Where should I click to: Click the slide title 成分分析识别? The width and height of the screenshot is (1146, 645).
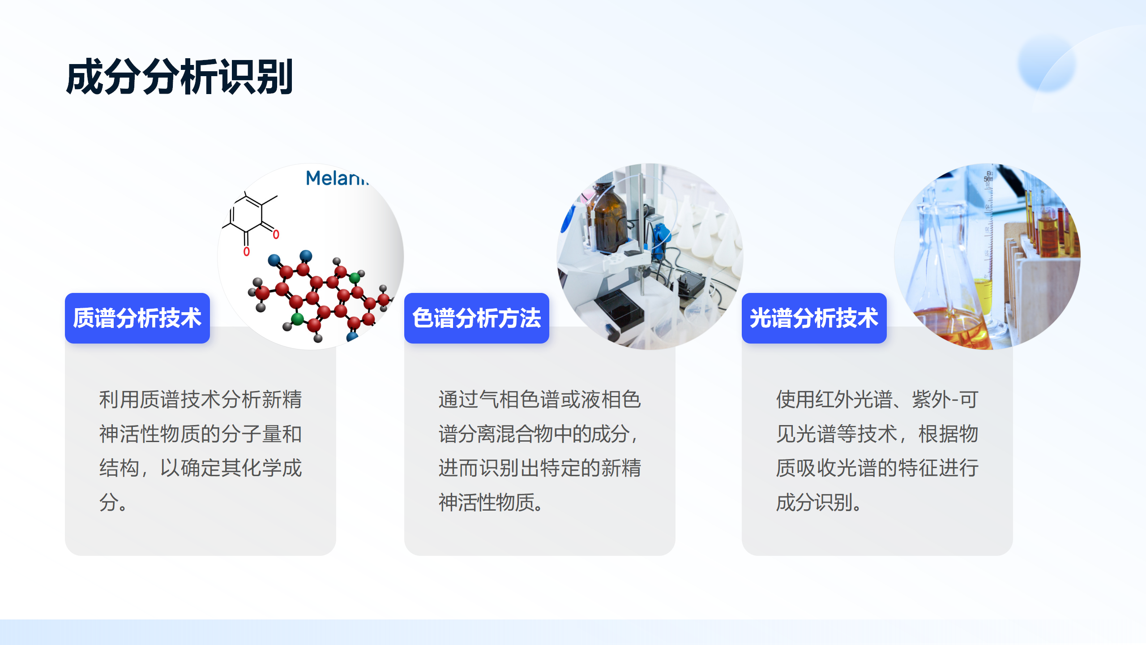point(179,77)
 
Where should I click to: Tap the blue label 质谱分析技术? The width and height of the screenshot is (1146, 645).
point(137,318)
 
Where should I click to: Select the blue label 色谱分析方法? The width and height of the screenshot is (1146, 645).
point(477,318)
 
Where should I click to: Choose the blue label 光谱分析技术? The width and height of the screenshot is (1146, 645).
point(814,318)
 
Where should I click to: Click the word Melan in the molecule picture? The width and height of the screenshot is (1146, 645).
point(337,178)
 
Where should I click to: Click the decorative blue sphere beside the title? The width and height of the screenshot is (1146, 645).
point(1047,64)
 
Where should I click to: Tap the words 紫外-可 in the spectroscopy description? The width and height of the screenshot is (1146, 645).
point(945,400)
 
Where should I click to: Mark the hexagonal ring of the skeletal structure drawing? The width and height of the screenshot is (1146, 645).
point(246,215)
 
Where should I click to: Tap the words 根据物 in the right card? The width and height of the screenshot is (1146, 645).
point(948,434)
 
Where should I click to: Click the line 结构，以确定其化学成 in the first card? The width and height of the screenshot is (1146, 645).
point(201,468)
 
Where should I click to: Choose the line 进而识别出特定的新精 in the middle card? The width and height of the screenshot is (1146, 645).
point(540,468)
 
